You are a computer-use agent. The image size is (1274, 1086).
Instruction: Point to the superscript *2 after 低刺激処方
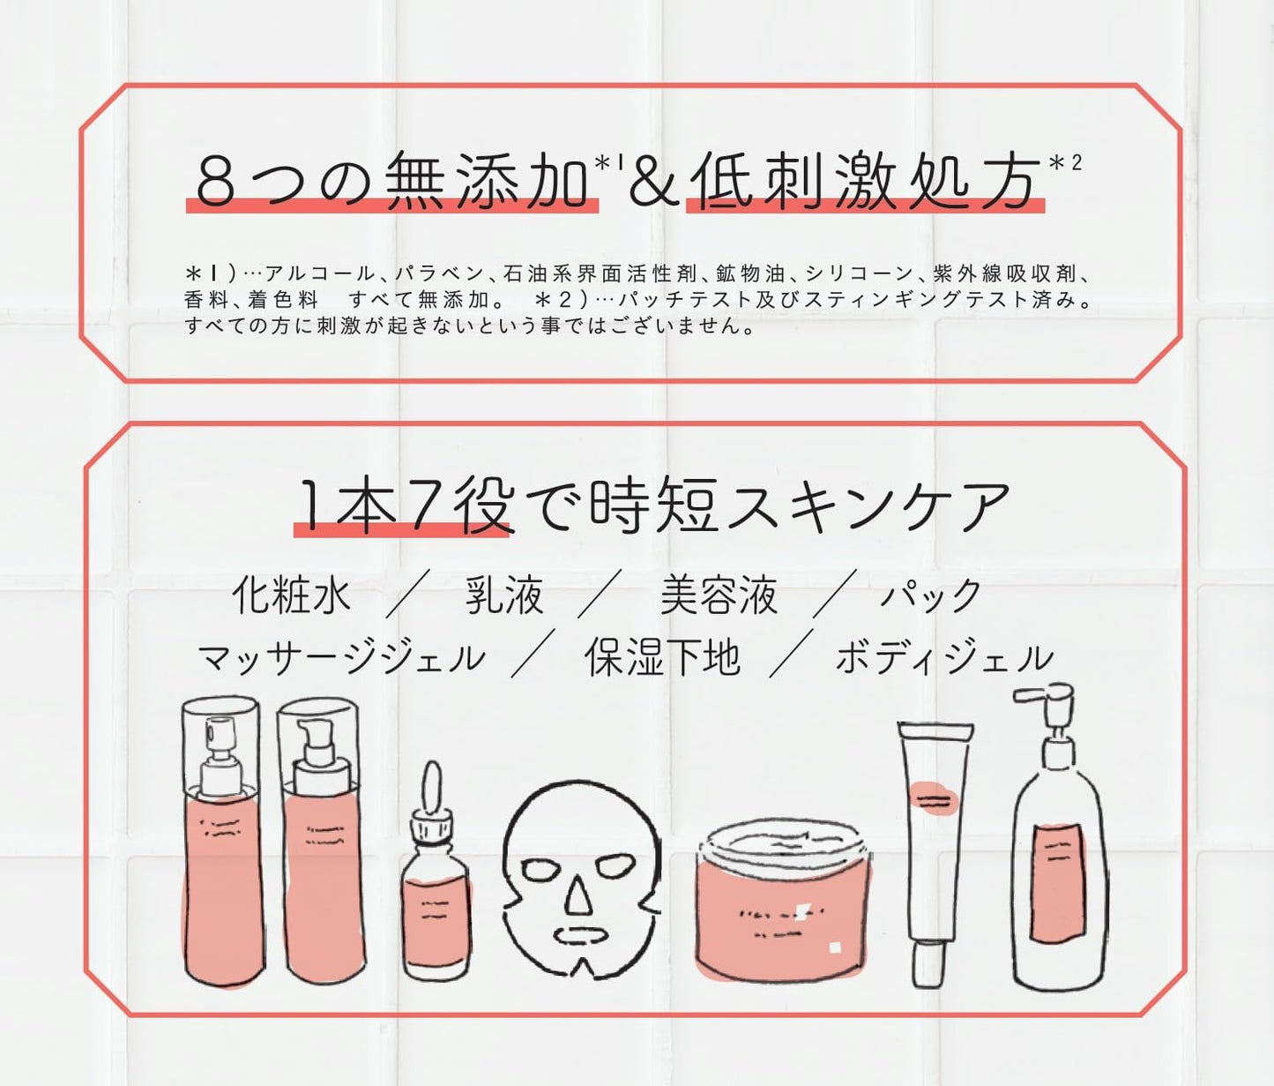pos(1065,163)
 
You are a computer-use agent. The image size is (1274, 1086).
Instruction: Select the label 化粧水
pos(291,595)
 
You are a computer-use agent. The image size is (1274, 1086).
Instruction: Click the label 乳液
pos(504,595)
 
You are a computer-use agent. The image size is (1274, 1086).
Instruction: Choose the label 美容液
pos(719,595)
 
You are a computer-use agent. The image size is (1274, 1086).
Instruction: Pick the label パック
pos(931,595)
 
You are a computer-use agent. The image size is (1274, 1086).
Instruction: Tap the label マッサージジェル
pos(341,657)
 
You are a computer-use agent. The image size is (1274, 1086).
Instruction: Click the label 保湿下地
pos(662,656)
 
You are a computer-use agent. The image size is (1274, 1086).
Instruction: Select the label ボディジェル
pos(944,657)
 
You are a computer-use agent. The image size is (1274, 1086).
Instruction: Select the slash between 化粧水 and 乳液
pos(407,593)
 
